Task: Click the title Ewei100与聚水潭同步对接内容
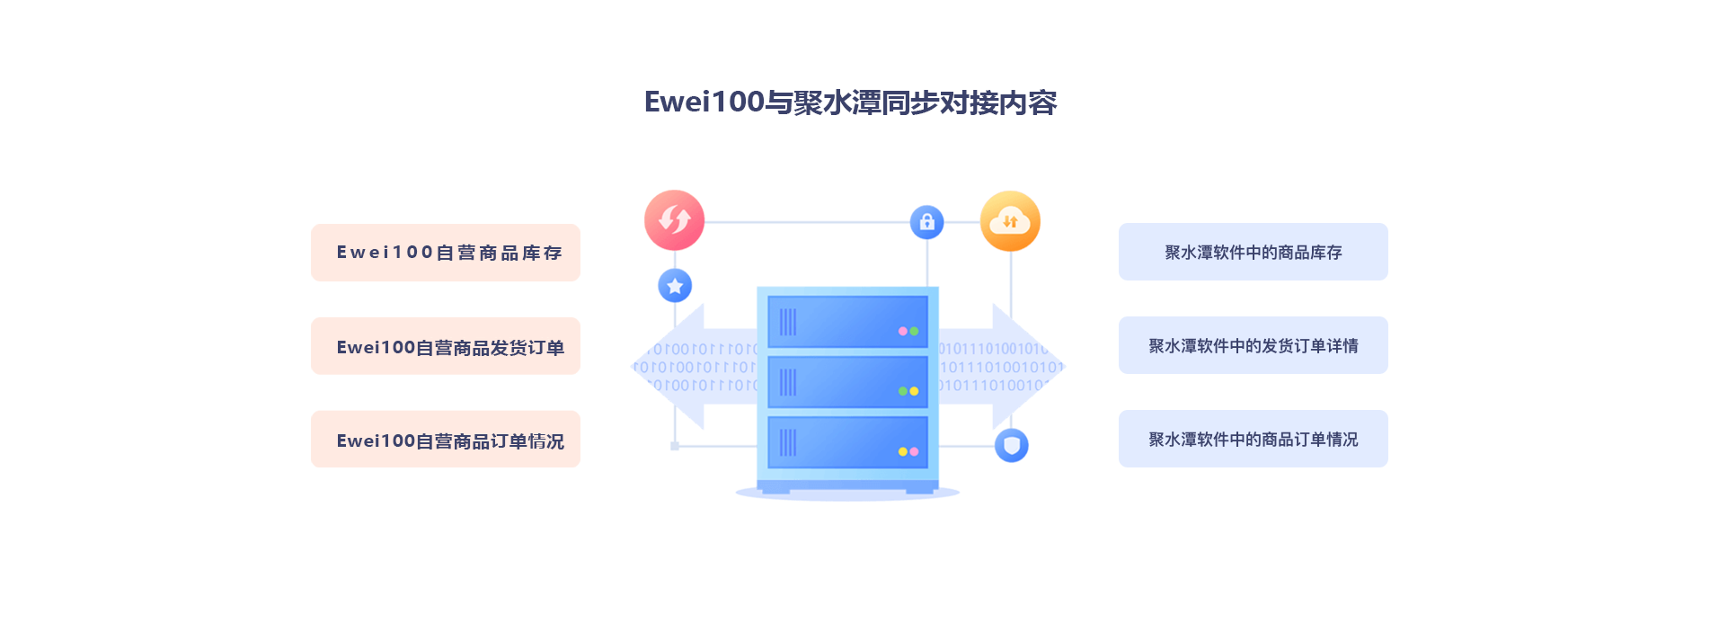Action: coord(850,102)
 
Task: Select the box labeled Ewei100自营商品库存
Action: coord(446,253)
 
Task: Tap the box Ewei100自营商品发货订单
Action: coord(446,346)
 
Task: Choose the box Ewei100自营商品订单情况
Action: coord(446,440)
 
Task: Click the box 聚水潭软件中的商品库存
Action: coord(1253,252)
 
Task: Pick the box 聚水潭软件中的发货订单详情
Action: coord(1253,345)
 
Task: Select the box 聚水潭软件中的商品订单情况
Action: coord(1253,439)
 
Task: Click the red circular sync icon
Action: coord(674,220)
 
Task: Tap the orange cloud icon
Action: coord(1010,221)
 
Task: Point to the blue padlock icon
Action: coord(926,222)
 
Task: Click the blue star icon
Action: coord(675,286)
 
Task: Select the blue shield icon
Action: coord(1012,445)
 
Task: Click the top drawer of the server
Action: coord(847,321)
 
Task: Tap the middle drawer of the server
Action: coord(847,382)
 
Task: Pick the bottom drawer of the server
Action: coord(847,442)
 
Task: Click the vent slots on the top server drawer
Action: coord(788,322)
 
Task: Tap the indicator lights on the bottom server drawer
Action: coord(908,451)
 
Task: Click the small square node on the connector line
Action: coord(675,446)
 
